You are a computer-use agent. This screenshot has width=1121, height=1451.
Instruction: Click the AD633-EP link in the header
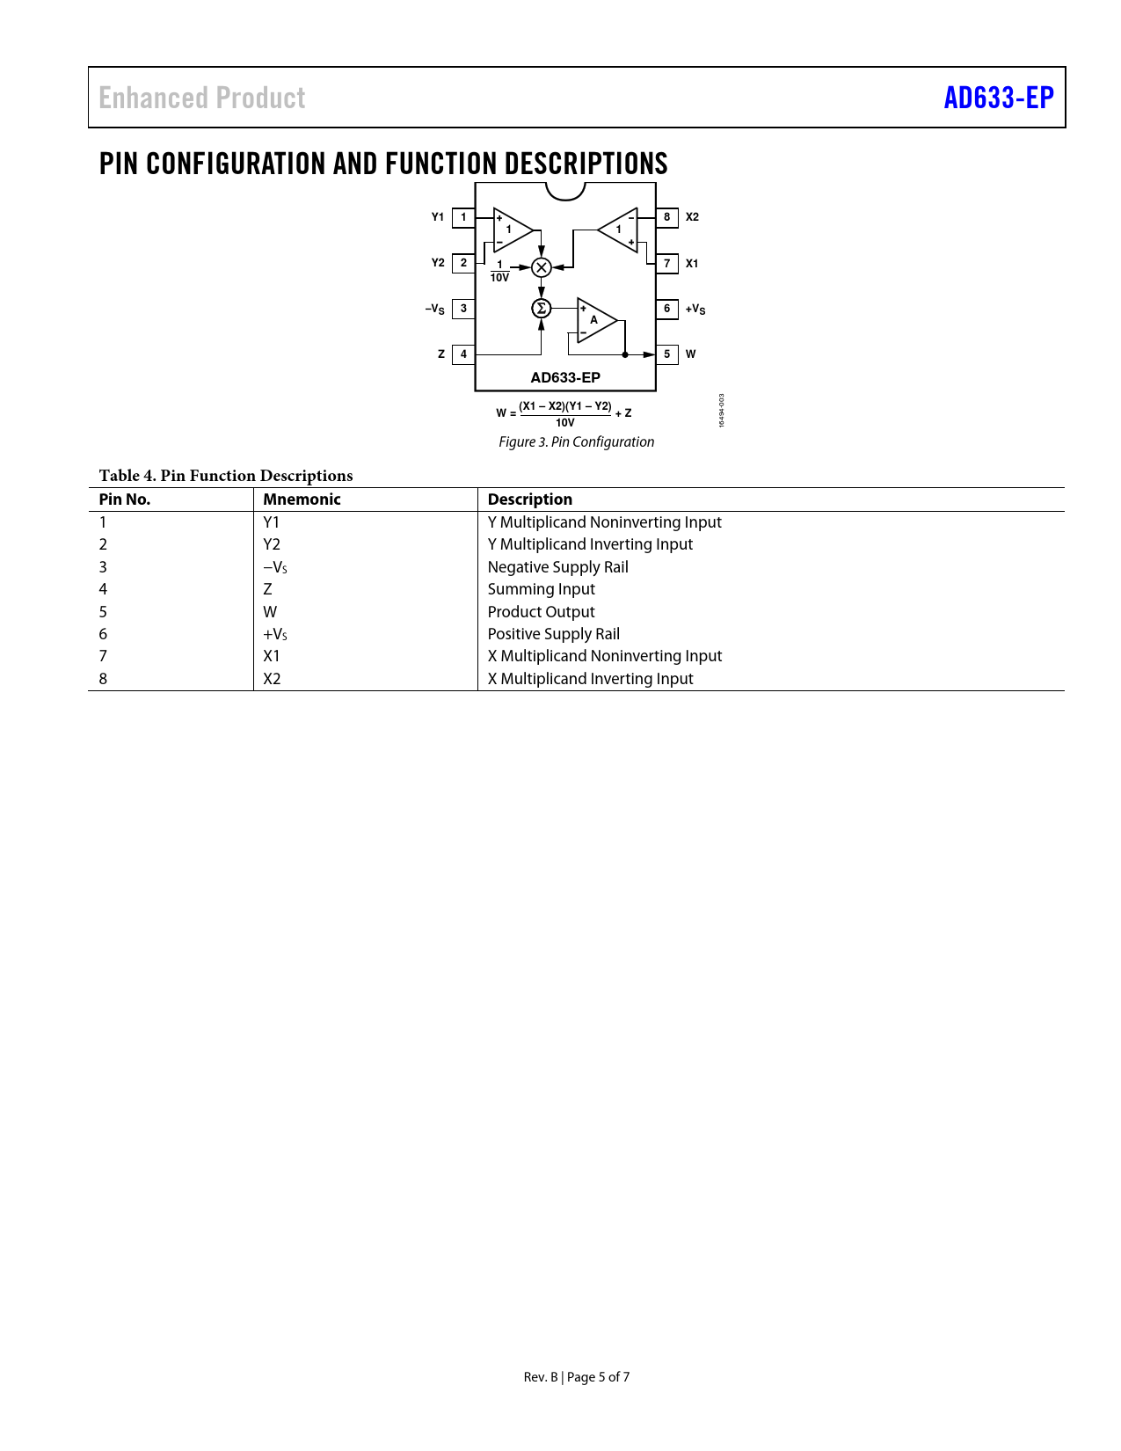(x=998, y=98)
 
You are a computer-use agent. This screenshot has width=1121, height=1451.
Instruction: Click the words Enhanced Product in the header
(x=202, y=98)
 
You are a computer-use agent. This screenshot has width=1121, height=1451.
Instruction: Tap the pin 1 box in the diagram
(x=463, y=217)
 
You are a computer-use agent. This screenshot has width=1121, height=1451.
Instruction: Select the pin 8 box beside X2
(x=666, y=217)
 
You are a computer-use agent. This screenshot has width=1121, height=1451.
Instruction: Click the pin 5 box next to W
(x=666, y=354)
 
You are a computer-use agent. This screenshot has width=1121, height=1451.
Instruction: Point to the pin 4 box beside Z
(x=463, y=354)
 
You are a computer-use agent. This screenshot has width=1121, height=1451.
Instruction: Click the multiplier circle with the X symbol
(x=542, y=267)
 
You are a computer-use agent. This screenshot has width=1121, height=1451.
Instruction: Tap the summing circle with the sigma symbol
(x=542, y=308)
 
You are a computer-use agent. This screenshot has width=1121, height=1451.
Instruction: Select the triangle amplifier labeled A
(x=595, y=320)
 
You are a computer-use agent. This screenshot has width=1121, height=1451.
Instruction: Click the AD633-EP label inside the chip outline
(x=565, y=377)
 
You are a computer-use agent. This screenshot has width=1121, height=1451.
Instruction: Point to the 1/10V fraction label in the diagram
(x=499, y=272)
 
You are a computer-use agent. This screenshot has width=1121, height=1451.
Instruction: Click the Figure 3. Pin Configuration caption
(x=576, y=441)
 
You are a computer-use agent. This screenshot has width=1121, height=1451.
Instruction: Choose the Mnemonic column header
(x=302, y=499)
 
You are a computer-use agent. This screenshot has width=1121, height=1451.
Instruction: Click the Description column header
(x=529, y=499)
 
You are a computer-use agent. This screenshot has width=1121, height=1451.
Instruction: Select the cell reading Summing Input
(x=541, y=589)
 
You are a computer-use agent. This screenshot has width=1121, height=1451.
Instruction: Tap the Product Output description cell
(x=541, y=612)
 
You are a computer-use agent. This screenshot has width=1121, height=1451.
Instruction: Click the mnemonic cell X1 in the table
(x=272, y=656)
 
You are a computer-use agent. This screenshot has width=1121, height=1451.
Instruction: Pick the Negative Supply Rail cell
(x=557, y=567)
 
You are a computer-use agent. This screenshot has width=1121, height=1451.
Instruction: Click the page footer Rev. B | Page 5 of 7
(x=576, y=1377)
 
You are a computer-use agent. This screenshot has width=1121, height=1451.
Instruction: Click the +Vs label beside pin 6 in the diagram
(x=695, y=309)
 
